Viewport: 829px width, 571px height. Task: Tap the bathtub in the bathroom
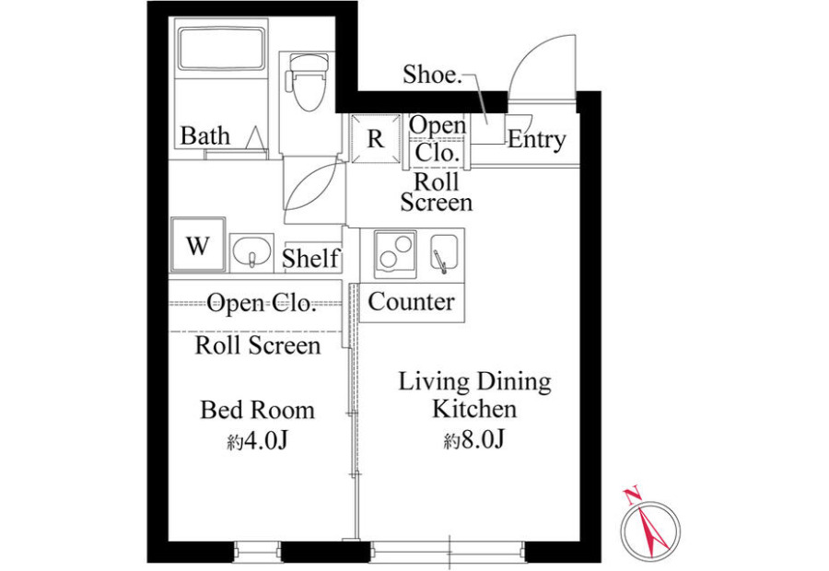(221, 49)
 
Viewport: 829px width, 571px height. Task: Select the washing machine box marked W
(198, 245)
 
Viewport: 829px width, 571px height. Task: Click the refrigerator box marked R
(376, 138)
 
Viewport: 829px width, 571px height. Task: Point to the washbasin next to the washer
(251, 252)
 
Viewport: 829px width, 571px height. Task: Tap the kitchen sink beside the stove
(444, 253)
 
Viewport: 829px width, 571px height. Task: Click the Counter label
(412, 302)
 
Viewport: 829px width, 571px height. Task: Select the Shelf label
(310, 258)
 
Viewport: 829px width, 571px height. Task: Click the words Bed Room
(258, 410)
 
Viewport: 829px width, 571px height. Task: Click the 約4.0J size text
(258, 440)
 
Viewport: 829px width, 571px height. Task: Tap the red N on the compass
(632, 495)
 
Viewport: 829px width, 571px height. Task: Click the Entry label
(537, 140)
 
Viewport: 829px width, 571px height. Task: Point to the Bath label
(205, 135)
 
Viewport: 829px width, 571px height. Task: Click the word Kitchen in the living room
(474, 409)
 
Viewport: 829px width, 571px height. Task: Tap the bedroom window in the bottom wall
(258, 552)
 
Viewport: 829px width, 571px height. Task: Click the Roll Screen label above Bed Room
(258, 345)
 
